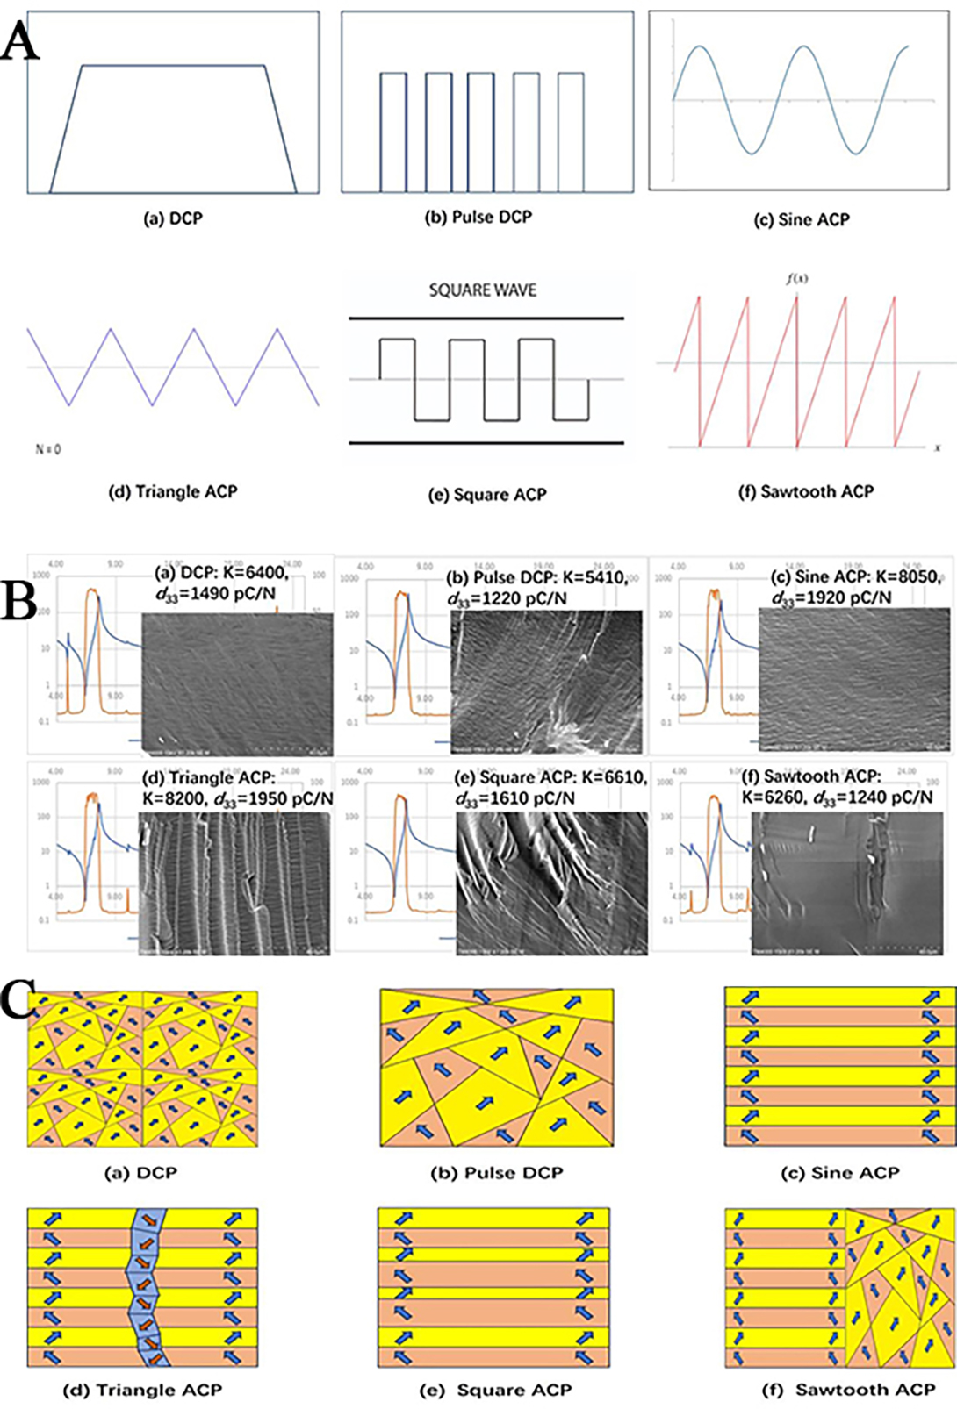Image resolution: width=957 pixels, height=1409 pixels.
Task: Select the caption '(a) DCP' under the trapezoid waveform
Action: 173,218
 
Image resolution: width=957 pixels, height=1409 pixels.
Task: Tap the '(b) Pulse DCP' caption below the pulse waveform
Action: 478,217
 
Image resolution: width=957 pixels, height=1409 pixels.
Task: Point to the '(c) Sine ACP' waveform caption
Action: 802,219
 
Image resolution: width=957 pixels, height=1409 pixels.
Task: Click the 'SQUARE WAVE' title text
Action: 482,290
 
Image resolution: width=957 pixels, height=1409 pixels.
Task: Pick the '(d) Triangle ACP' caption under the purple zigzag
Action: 173,491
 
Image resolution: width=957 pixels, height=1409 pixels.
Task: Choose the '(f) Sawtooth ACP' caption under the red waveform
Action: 806,491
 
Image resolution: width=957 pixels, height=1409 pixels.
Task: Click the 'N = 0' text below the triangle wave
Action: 47,449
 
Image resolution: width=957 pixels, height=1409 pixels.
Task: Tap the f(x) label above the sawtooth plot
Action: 796,279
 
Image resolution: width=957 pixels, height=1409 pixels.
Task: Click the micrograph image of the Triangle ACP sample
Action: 234,882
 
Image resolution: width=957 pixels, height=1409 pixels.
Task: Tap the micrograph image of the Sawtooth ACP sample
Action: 847,882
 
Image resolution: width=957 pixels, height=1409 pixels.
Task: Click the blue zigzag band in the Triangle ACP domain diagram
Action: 146,1285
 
